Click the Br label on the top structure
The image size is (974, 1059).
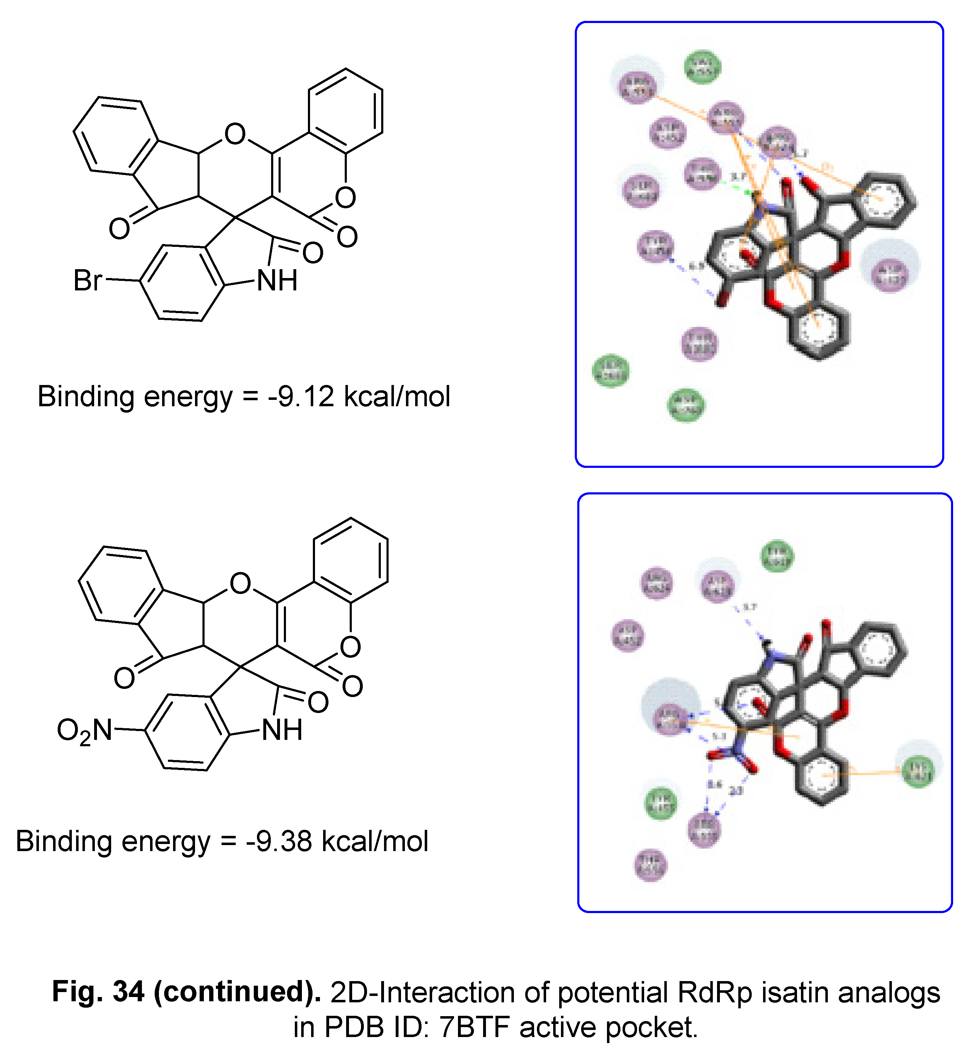[87, 280]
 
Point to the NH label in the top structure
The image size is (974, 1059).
[277, 281]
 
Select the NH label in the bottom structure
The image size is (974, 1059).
[282, 730]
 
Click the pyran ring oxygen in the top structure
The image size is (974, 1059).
[235, 134]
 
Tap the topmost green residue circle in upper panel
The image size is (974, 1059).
[702, 67]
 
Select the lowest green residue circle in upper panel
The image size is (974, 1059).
[686, 405]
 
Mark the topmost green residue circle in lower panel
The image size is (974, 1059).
[777, 556]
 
